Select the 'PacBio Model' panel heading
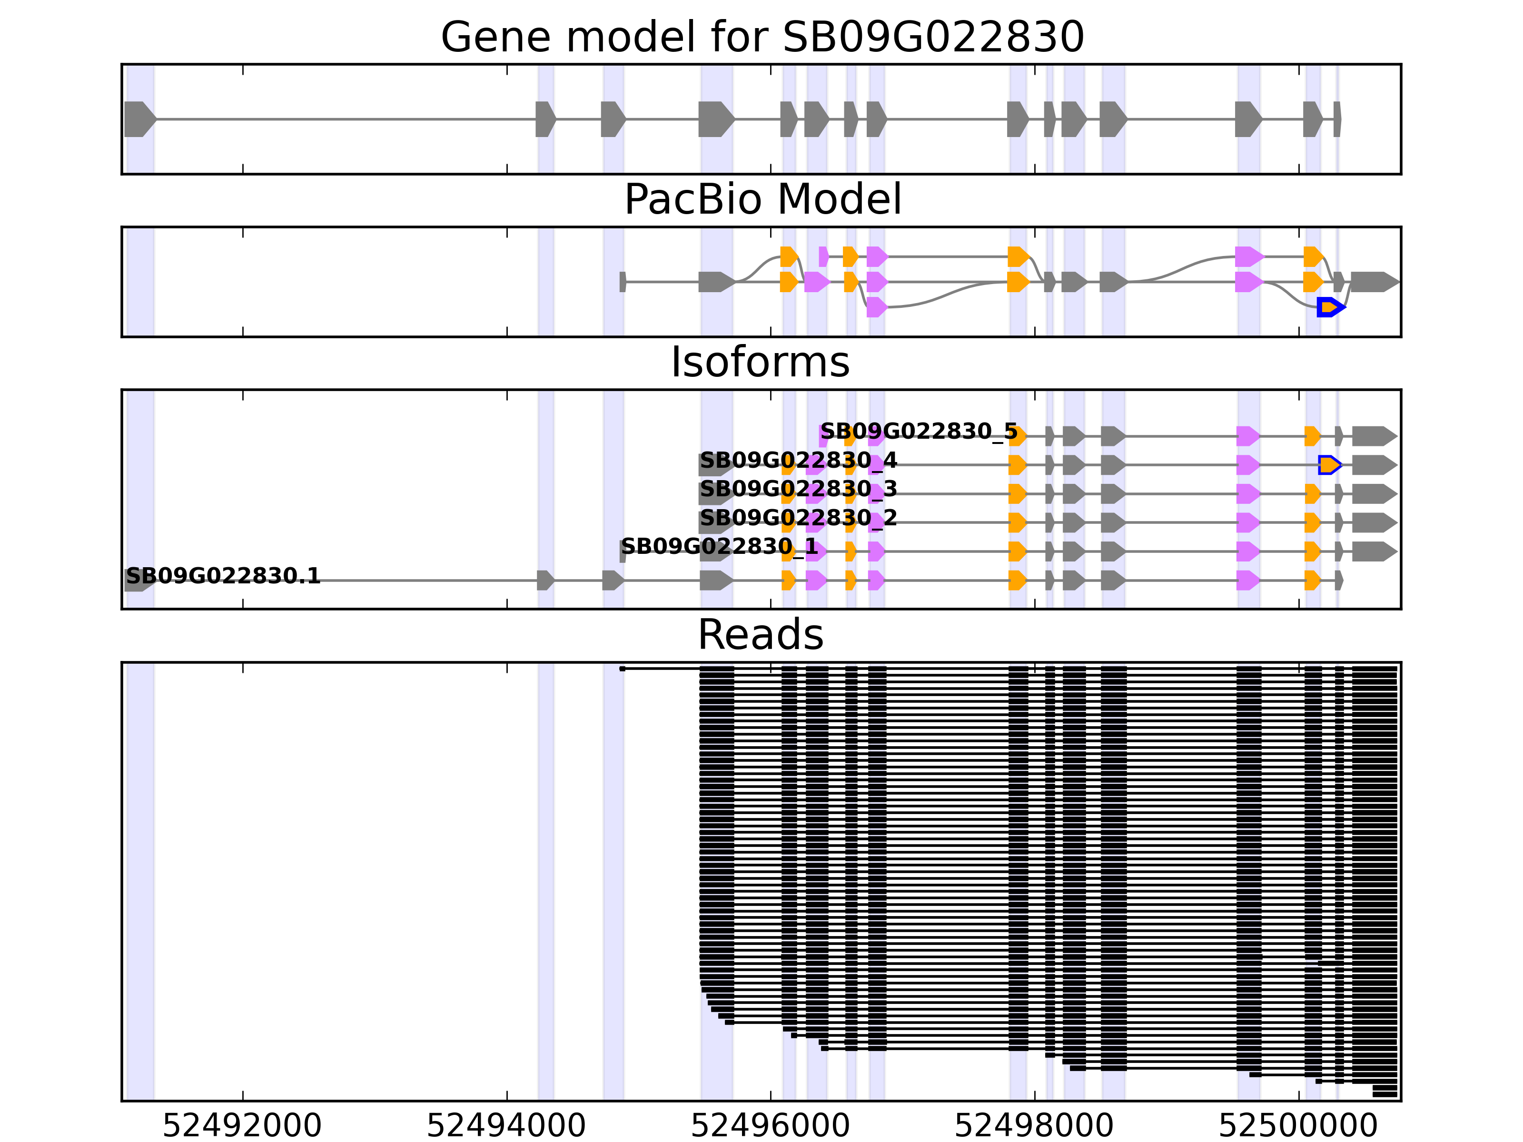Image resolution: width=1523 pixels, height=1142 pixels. [761, 200]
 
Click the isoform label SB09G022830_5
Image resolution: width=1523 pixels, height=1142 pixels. [919, 432]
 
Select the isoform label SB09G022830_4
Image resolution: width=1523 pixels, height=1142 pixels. [798, 461]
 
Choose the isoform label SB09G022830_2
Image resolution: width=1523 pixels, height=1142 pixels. [798, 518]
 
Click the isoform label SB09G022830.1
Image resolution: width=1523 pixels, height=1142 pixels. [223, 576]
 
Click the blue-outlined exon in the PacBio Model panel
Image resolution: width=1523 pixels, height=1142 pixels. [1329, 307]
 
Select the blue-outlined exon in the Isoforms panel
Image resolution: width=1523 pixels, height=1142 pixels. [1329, 465]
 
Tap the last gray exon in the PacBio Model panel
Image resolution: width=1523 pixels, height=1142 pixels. [1374, 282]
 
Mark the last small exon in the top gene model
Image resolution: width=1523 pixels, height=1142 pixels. [1336, 119]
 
